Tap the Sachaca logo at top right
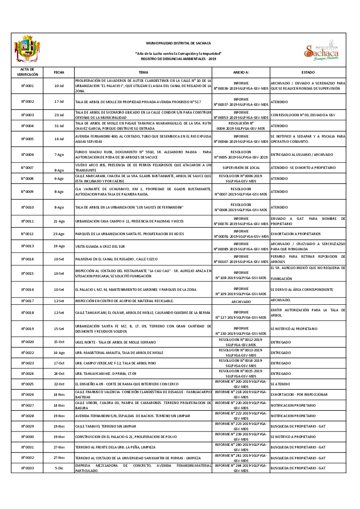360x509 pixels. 321,51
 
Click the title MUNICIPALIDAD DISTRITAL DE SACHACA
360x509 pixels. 178,43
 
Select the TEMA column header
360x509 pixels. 143,72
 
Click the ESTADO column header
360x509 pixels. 308,72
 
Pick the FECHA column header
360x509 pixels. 59,72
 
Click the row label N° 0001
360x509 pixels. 27,86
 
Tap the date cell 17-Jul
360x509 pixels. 59,101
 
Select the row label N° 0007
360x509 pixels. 27,168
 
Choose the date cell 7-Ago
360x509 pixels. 59,155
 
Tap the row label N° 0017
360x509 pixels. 27,301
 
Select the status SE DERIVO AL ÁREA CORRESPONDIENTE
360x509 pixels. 302,290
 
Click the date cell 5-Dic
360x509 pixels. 59,468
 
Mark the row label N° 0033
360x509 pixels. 27,468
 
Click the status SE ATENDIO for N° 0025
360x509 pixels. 281,384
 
